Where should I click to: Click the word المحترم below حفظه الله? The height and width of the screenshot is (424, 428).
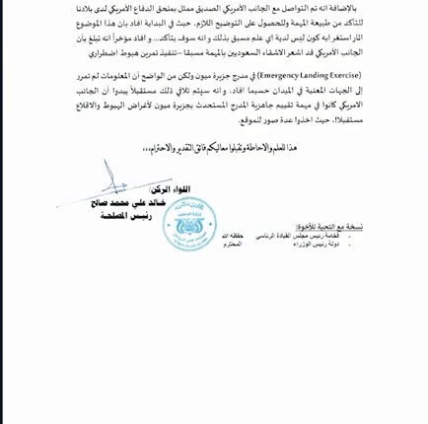(x=231, y=244)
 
